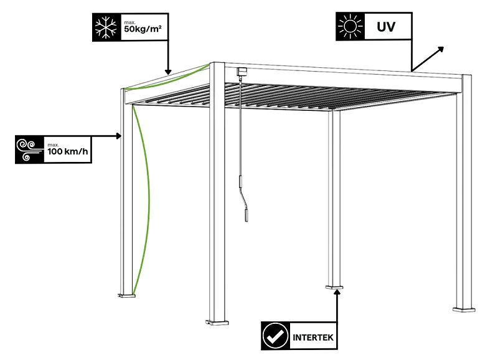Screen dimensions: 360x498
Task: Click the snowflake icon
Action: pos(107,26)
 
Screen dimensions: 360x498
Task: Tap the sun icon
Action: pos(349,26)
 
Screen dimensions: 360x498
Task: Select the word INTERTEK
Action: pos(314,339)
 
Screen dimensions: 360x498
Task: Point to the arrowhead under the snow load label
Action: pos(167,71)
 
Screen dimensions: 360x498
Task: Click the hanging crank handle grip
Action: pos(247,214)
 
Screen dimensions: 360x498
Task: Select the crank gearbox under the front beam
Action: pos(241,72)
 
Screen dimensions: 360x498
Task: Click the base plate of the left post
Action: pos(126,294)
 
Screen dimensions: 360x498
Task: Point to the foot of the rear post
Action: pos(334,287)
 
